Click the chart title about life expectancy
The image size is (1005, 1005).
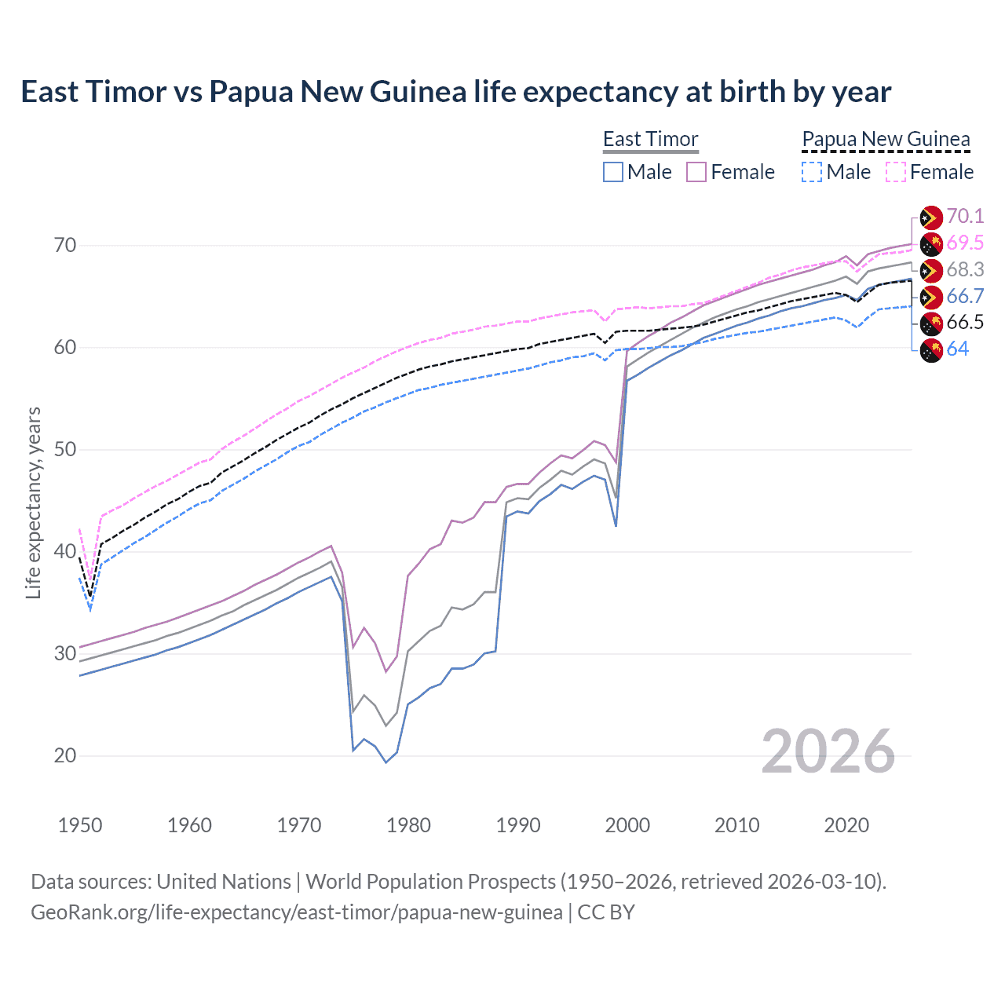455,92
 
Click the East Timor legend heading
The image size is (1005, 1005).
650,139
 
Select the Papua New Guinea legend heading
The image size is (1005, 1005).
886,139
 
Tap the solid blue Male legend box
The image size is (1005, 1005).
613,172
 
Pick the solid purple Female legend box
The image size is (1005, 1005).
696,172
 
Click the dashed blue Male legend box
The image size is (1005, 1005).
812,172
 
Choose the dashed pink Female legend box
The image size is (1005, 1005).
896,172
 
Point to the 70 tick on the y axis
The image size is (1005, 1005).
65,245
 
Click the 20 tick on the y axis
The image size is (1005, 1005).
65,755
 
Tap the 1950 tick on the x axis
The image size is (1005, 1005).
80,825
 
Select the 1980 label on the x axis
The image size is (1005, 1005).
408,825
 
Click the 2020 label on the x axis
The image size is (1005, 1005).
846,825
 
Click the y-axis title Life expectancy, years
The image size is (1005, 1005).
34,502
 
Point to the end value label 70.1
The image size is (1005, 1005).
965,216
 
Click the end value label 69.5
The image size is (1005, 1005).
965,243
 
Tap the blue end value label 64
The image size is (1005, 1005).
958,349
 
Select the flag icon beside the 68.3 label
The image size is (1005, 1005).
931,270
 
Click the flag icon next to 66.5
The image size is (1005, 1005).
931,323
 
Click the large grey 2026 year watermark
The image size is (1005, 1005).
828,751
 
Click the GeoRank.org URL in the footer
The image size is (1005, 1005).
296,912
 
